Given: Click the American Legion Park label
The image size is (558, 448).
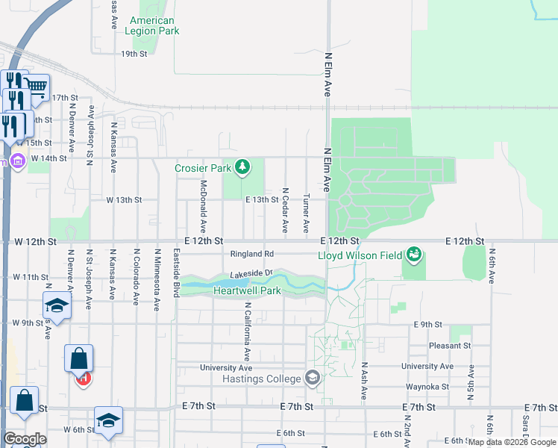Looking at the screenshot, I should (152, 26).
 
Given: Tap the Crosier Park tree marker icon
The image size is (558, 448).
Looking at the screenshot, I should (242, 167).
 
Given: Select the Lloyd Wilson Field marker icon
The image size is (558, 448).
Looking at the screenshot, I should (413, 255).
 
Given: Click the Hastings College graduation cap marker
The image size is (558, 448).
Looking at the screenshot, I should (313, 378).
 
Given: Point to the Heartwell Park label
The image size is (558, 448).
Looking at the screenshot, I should (247, 290).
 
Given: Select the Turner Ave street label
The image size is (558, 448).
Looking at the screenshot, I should (306, 212).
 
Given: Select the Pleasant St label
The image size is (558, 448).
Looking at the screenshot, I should (450, 346).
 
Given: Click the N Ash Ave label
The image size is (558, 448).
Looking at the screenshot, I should (365, 382).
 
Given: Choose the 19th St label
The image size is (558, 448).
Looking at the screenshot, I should (134, 54).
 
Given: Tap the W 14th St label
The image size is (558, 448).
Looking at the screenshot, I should (49, 158).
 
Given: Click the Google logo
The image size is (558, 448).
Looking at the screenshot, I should (24, 438).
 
